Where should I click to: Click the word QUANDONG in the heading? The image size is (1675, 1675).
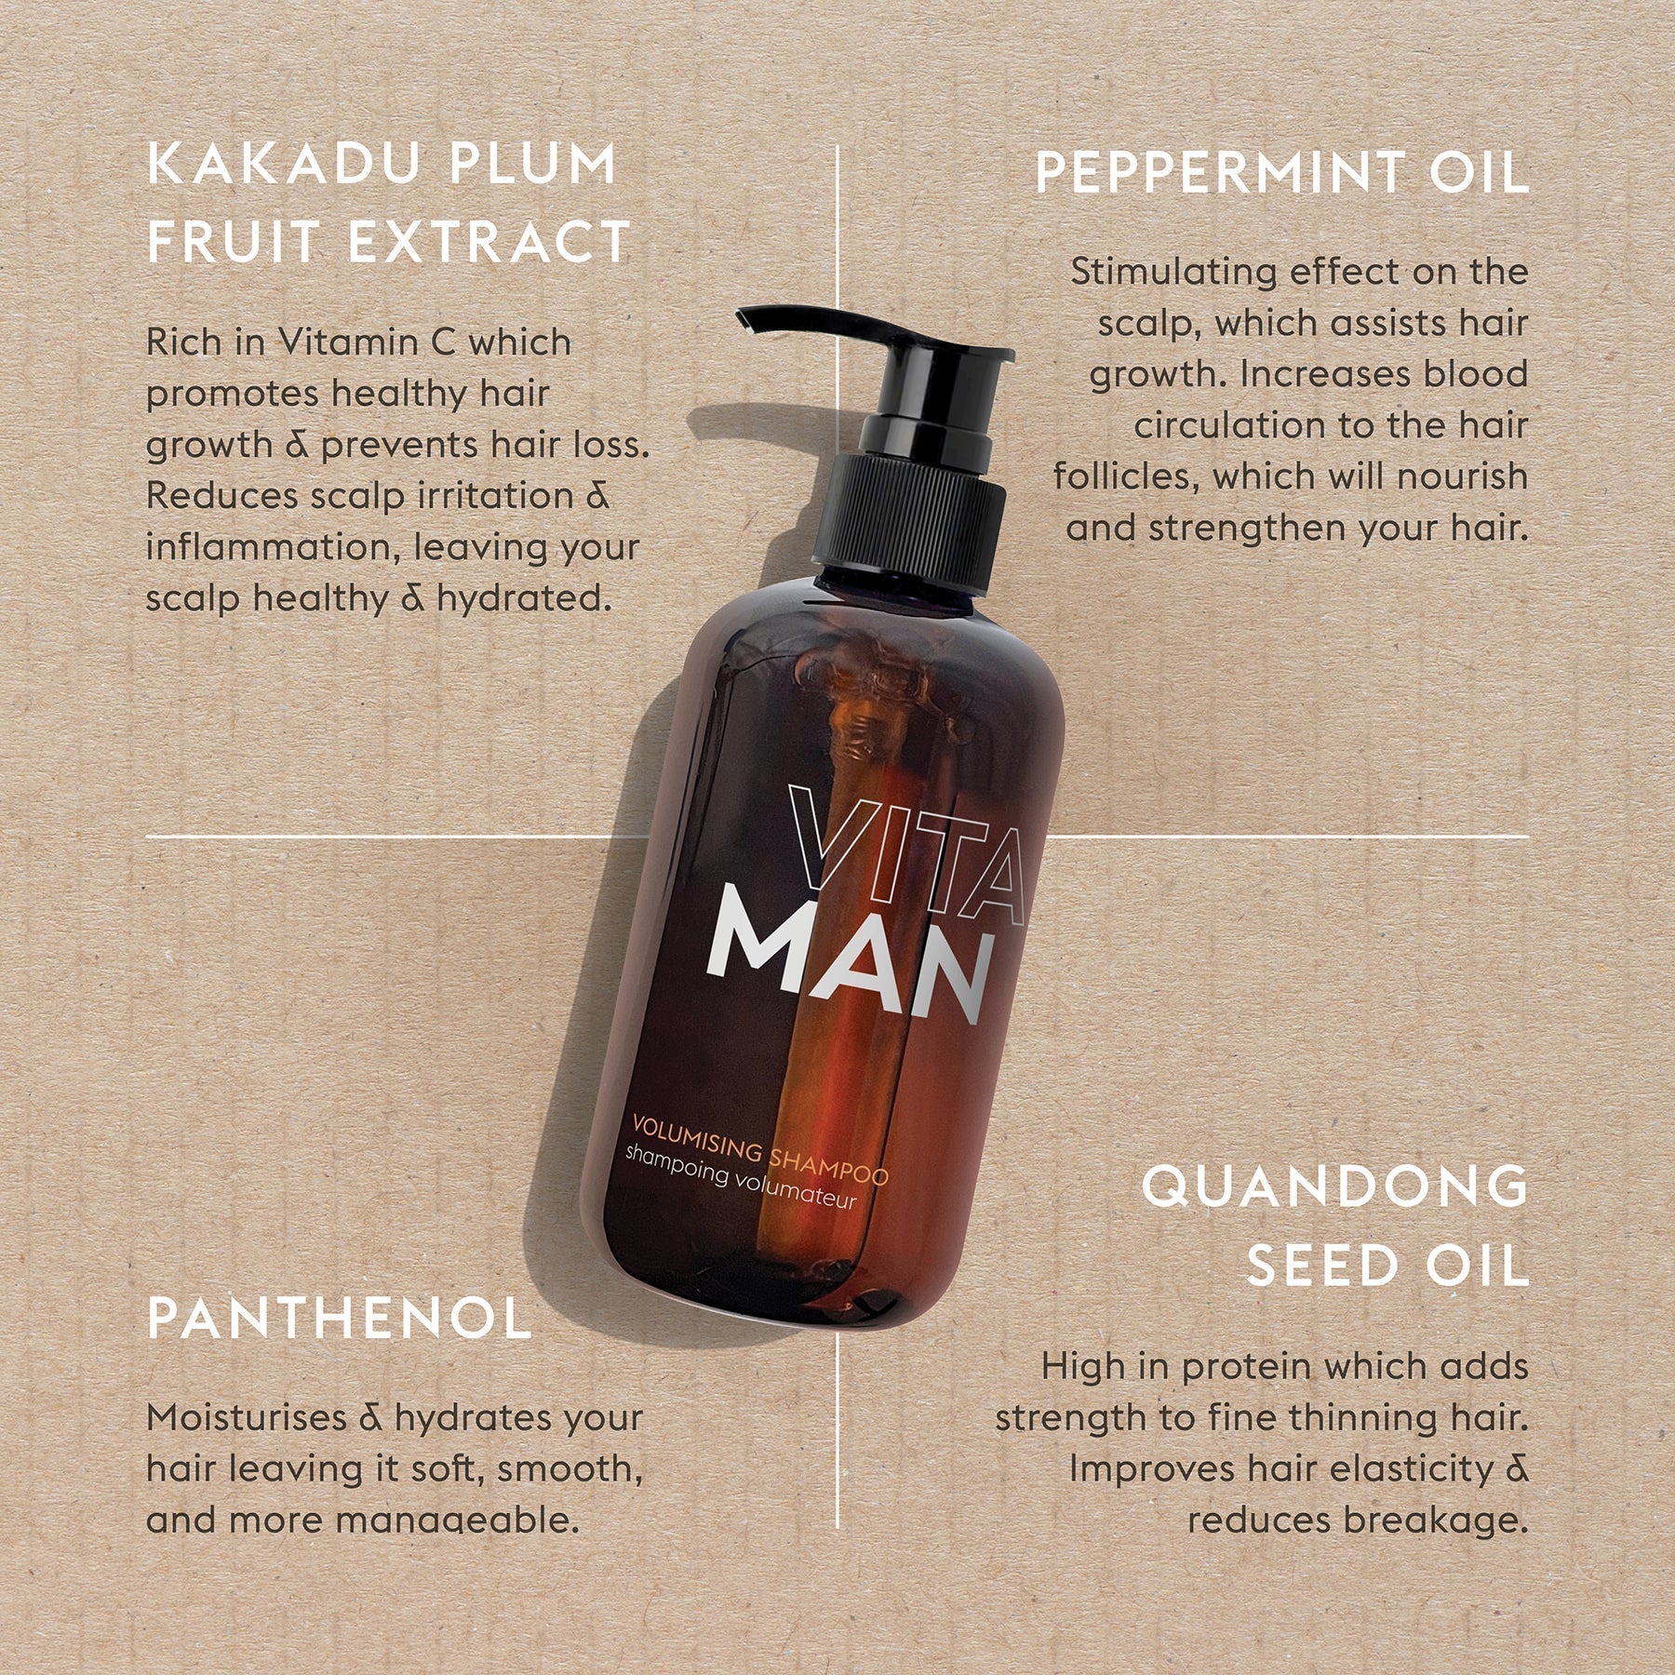(1334, 1186)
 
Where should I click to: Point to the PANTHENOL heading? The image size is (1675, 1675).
(339, 1319)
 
